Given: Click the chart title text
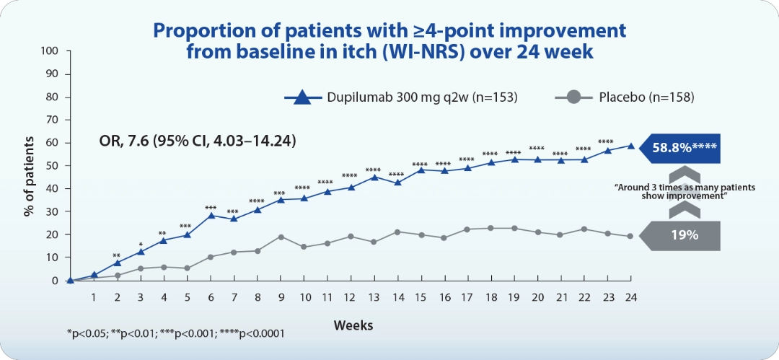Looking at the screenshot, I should (x=389, y=42).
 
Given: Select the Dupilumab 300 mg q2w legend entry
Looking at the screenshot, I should (x=401, y=97).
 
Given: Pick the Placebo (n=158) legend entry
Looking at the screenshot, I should (x=626, y=97).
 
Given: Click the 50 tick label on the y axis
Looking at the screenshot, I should (x=52, y=166).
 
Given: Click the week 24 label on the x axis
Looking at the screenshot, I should (x=631, y=297).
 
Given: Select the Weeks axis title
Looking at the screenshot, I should (x=353, y=325).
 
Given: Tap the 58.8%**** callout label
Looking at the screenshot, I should (x=684, y=146).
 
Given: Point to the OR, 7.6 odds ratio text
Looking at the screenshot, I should (x=197, y=140).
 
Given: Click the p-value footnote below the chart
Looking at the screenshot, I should (x=175, y=333).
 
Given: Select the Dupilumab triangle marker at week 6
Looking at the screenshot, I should (x=211, y=215).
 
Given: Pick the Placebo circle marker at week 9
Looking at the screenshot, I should (x=281, y=237).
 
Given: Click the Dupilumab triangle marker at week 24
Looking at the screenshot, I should (x=631, y=146).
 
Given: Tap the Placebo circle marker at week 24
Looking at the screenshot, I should (x=631, y=236).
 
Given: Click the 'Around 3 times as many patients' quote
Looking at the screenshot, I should (x=685, y=191).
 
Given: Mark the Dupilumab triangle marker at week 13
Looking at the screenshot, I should (x=374, y=177).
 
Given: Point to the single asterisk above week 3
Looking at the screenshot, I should (x=141, y=245).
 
